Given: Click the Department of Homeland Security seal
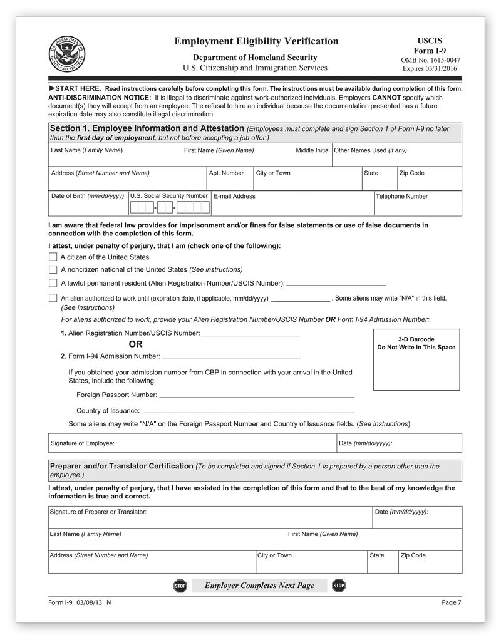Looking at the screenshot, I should (x=68, y=53).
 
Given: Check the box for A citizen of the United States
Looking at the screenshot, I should (x=53, y=257).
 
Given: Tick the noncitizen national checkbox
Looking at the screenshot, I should (x=53, y=269).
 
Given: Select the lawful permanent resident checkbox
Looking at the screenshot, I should (x=53, y=283).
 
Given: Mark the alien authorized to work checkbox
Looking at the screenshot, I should (x=53, y=298).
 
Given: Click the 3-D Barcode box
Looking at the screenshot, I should (x=416, y=359).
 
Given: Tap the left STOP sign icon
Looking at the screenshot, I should (x=180, y=586).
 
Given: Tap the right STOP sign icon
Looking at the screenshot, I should (x=339, y=586).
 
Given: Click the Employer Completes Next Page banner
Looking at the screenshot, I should (x=259, y=586).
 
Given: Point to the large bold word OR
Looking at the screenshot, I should (x=135, y=344).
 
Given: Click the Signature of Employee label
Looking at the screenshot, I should (x=82, y=443).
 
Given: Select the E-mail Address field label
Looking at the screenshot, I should (x=234, y=196).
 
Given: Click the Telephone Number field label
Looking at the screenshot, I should (x=401, y=196).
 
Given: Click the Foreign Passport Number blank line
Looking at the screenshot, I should (x=257, y=396).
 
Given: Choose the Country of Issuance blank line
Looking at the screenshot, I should (x=249, y=412).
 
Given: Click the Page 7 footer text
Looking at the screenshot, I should (x=451, y=602).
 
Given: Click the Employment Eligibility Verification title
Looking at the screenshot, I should (x=256, y=41).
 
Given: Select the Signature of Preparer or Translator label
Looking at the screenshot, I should (x=98, y=512).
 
